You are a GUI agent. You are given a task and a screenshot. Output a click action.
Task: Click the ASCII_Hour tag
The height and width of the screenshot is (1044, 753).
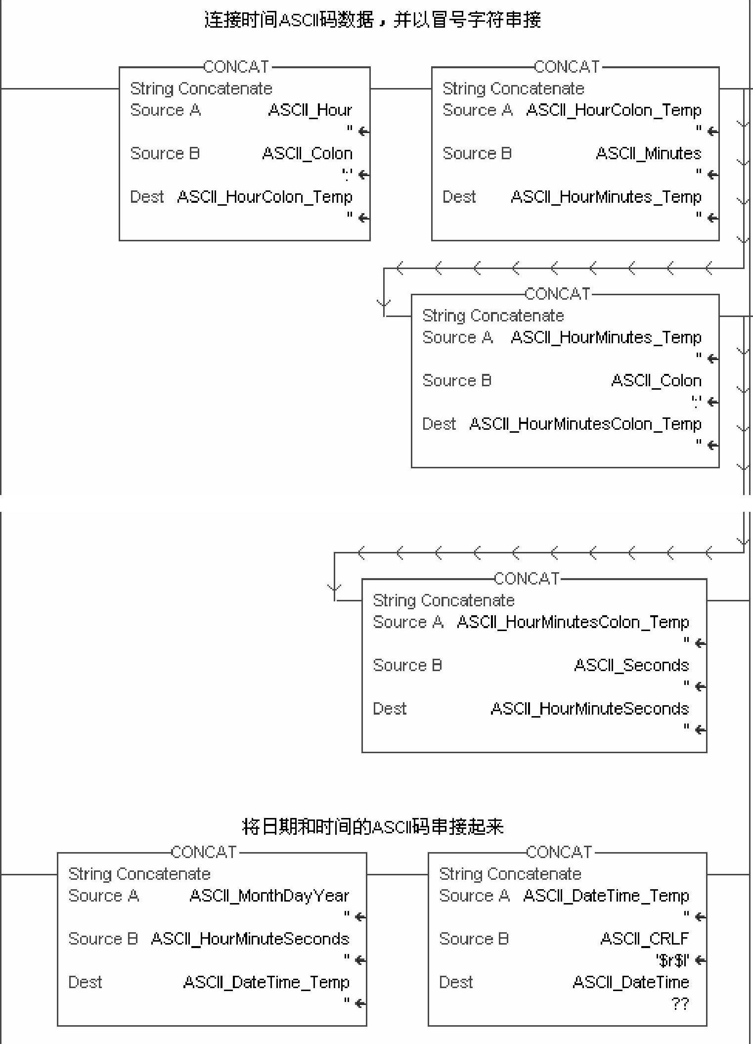coord(310,110)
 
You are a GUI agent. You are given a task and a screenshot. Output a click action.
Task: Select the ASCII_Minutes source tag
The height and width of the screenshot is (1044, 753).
coord(648,153)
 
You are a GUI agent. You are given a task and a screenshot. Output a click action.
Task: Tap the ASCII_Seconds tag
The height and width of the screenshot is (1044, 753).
coord(631,665)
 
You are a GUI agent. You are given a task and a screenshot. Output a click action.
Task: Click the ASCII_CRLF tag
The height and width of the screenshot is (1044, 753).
coord(644,939)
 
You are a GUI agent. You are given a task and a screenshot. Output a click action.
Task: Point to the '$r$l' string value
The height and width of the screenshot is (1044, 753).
coord(672,960)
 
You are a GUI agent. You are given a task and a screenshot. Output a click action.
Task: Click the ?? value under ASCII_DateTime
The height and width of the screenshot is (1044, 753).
coord(680,1004)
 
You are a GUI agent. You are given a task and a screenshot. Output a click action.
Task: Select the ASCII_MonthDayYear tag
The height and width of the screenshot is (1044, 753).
coord(269,896)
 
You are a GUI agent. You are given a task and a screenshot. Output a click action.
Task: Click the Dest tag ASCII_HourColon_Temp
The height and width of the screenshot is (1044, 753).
coord(265,197)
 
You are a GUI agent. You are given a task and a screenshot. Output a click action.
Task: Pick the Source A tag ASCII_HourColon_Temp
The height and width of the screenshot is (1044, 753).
coord(614,110)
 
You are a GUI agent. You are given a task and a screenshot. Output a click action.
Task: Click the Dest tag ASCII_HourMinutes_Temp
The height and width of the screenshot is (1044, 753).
coord(606,197)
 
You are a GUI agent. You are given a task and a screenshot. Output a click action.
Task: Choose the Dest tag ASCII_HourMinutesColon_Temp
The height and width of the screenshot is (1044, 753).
coord(585,424)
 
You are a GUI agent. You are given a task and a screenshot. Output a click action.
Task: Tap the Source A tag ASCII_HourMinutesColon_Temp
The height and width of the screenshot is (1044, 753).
coord(573,622)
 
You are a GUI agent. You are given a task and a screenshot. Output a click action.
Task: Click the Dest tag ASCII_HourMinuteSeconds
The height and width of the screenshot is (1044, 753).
coord(589,709)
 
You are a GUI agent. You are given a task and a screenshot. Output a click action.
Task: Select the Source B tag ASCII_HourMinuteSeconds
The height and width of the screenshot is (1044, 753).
coord(250,939)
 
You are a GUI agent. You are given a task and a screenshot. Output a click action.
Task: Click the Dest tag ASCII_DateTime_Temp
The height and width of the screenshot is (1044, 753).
coord(266,982)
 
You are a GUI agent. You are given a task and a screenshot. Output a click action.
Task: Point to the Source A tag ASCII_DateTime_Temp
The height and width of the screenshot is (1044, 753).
coord(606,896)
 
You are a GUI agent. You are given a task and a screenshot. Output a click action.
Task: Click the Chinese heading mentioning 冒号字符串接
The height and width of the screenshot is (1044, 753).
coord(373,20)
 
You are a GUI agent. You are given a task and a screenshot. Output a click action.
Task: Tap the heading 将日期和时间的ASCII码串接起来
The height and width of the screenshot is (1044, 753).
coord(373,826)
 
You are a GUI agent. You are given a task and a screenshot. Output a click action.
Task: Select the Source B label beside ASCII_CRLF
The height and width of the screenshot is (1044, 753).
coord(474,939)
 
